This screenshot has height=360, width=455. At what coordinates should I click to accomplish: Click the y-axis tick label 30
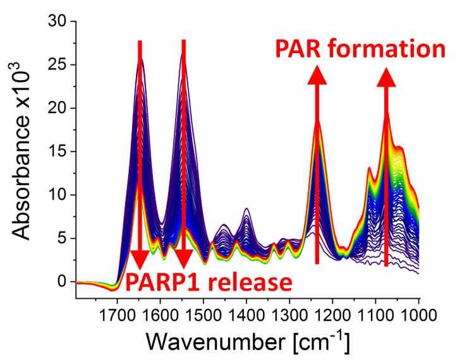58,21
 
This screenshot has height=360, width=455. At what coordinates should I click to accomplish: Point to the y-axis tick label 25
58,64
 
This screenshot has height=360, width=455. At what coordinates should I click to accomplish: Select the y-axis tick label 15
58,151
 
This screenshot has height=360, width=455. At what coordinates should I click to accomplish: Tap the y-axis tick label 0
62,281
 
